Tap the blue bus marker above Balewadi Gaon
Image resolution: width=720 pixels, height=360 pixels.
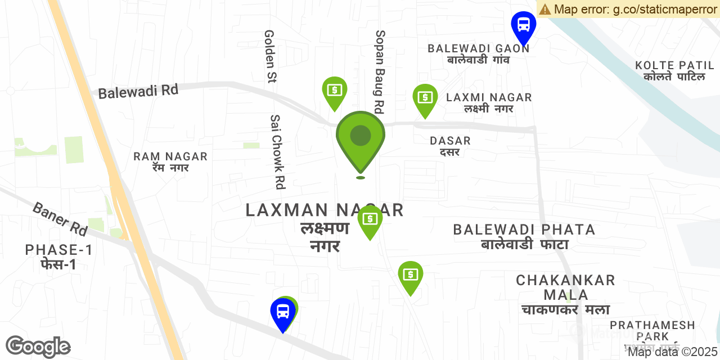pyautogui.click(x=524, y=25)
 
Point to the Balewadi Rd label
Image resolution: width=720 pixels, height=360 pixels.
pyautogui.click(x=138, y=91)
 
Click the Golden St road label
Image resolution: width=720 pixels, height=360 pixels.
pyautogui.click(x=269, y=56)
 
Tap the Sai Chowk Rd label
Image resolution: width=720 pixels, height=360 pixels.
pyautogui.click(x=277, y=152)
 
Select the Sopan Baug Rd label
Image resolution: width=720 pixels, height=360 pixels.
pyautogui.click(x=380, y=71)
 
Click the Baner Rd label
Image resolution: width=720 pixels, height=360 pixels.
pyautogui.click(x=60, y=219)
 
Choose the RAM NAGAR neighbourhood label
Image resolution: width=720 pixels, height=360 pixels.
pyautogui.click(x=170, y=161)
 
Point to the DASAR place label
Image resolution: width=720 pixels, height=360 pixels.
pyautogui.click(x=450, y=145)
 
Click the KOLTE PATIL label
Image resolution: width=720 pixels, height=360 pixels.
pyautogui.click(x=674, y=71)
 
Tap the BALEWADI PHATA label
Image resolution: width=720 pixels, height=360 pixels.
pyautogui.click(x=524, y=236)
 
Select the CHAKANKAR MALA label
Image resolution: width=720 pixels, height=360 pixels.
pyautogui.click(x=565, y=295)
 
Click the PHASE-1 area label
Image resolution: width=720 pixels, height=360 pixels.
pyautogui.click(x=59, y=256)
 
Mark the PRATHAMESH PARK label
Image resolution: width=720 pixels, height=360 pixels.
pyautogui.click(x=652, y=331)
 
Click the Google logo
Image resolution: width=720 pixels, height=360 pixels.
pyautogui.click(x=38, y=346)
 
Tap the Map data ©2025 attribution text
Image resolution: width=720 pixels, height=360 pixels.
pyautogui.click(x=672, y=353)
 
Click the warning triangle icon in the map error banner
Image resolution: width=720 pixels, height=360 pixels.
pyautogui.click(x=544, y=9)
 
